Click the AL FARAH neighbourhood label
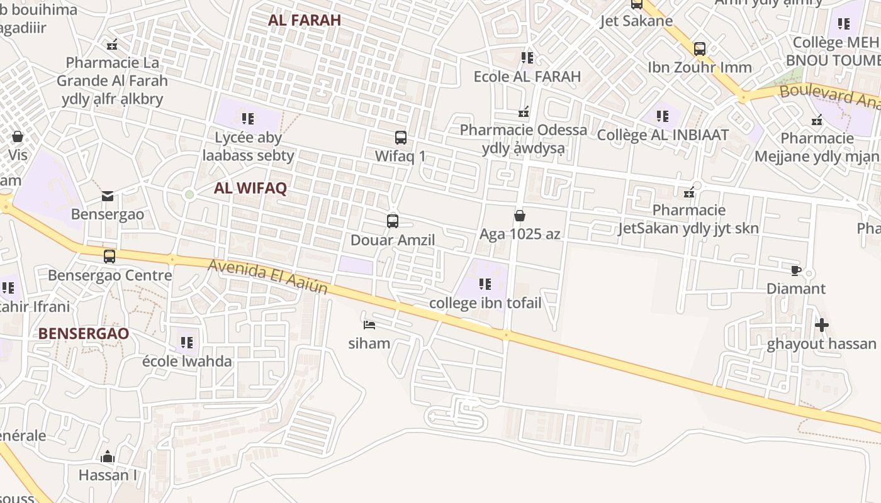(305, 19)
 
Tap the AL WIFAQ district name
(250, 188)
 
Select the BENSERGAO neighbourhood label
(84, 333)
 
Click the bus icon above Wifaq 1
(400, 137)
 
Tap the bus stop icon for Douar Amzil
(393, 221)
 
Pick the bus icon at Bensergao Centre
(109, 257)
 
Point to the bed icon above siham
(369, 325)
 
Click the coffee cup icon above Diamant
(796, 270)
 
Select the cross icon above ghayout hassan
(821, 325)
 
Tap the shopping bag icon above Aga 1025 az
(520, 216)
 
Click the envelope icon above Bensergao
(108, 196)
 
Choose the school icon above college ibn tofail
(485, 284)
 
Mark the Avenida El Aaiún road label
(268, 277)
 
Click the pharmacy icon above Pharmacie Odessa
(524, 112)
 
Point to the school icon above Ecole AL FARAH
(527, 58)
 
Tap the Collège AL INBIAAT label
(663, 135)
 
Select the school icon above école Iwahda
(187, 343)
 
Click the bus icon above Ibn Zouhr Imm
(699, 48)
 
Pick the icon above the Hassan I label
(108, 456)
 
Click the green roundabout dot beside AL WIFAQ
(189, 195)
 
